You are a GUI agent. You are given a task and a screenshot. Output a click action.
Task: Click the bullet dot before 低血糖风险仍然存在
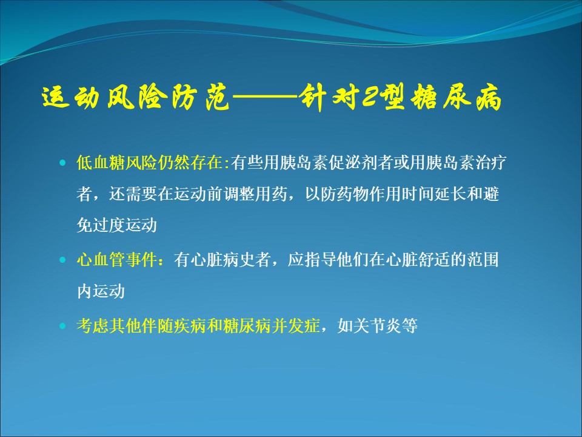tap(62, 163)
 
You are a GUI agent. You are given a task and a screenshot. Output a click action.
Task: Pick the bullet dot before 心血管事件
tap(62, 260)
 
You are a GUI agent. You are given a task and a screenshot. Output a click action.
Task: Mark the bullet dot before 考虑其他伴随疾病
tap(62, 326)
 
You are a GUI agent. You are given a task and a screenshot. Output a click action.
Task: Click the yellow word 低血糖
tap(101, 163)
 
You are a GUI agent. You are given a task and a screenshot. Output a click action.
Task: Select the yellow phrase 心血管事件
tap(117, 260)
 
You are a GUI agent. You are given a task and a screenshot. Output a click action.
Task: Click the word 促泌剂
tap(353, 163)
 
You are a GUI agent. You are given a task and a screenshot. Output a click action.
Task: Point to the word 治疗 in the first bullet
tap(490, 163)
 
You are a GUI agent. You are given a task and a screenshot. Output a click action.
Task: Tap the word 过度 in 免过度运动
tap(109, 225)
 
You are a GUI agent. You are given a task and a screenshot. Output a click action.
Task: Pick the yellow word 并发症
tap(296, 326)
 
